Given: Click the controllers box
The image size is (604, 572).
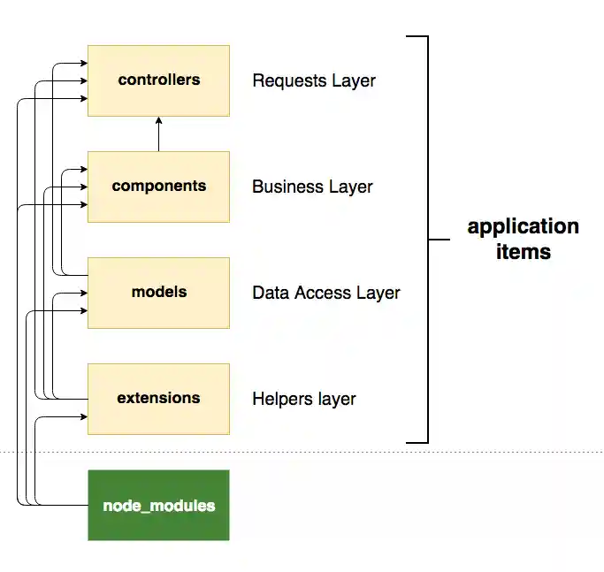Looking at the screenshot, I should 158,80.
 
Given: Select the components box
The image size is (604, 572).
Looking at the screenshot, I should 158,187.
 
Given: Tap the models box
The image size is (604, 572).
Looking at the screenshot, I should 158,293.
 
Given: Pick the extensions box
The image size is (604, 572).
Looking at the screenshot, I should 158,399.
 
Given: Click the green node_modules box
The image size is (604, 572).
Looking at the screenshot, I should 158,506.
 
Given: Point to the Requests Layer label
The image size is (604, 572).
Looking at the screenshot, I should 314,81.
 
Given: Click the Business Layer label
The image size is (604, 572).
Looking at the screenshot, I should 312,187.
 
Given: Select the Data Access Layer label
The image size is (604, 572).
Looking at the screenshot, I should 326,294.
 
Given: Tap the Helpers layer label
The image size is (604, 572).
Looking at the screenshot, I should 304,400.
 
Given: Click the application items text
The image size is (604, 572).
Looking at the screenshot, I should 523,239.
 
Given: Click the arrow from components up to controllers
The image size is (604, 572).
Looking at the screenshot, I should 159,133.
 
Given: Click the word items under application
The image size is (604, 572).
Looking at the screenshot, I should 523,252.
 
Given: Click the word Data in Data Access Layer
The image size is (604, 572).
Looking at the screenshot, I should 269,294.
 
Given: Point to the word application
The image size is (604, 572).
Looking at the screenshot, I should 523,226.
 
